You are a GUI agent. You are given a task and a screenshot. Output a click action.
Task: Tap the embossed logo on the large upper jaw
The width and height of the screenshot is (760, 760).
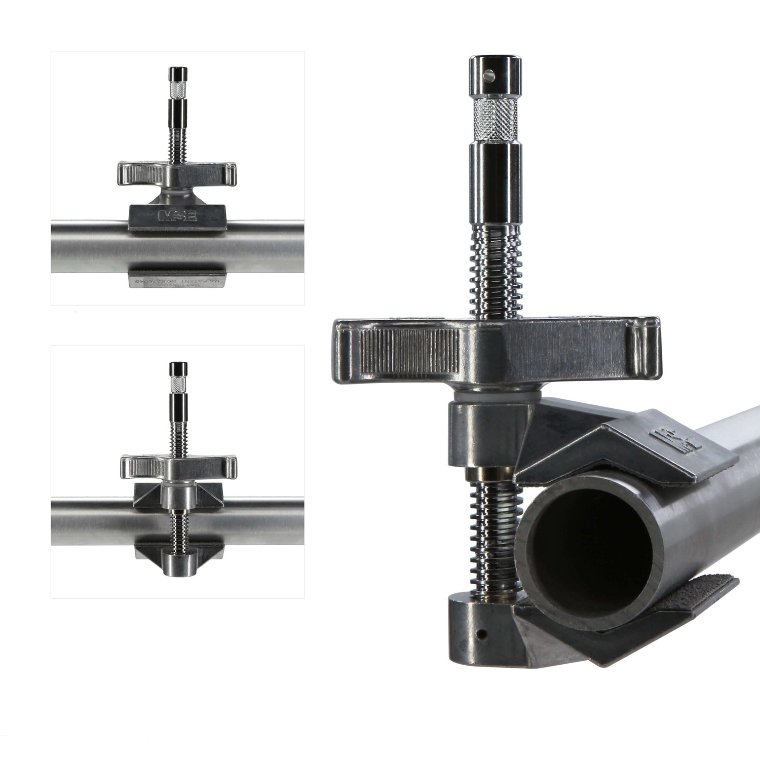pos(677,439)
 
